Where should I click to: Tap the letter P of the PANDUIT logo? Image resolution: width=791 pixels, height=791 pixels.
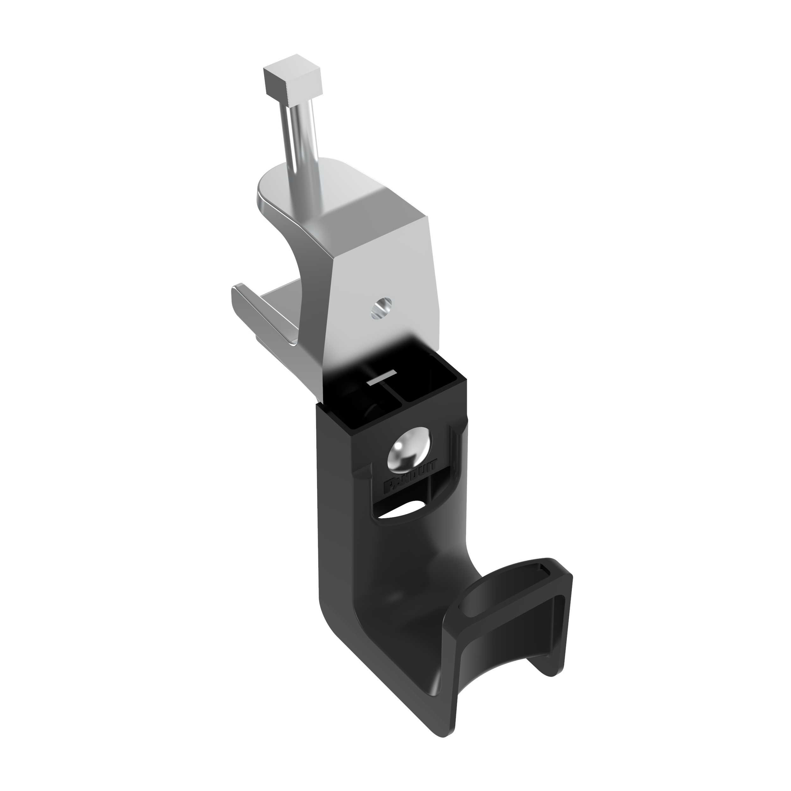[388, 487]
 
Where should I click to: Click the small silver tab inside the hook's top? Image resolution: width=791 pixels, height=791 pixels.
[382, 377]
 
